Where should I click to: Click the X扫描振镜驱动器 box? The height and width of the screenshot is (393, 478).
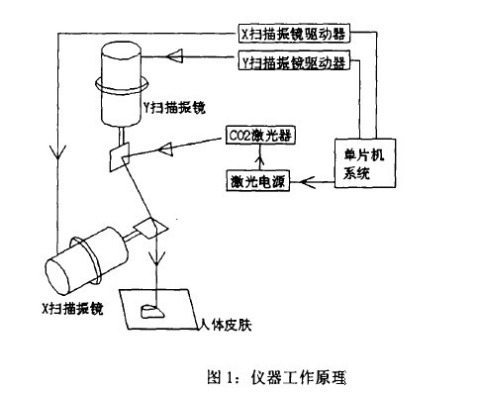291,33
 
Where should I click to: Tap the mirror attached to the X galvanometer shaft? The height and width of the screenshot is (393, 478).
153,227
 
